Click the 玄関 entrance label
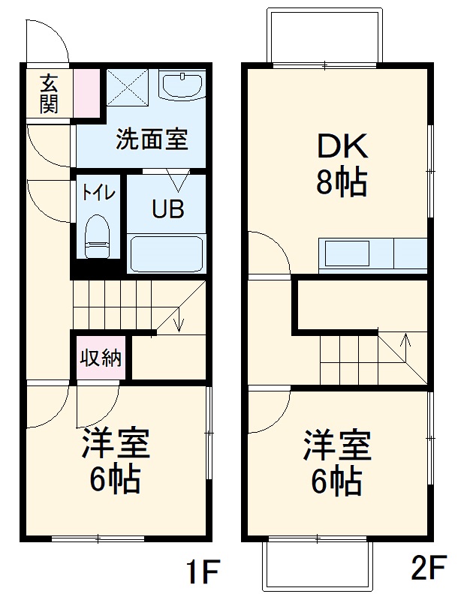(x=49, y=93)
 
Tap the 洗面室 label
(x=151, y=139)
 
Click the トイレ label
(x=98, y=192)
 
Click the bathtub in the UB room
(x=166, y=253)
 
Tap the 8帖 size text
(x=341, y=182)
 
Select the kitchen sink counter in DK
(x=372, y=253)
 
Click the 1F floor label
(x=202, y=573)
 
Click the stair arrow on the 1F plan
(x=179, y=321)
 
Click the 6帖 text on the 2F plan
(x=337, y=480)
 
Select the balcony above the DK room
(x=324, y=37)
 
